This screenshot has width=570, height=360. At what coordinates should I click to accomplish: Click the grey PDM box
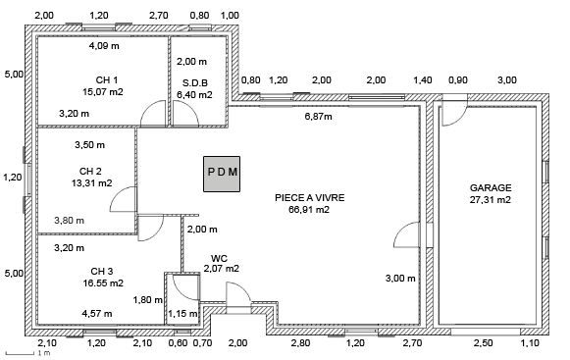222,174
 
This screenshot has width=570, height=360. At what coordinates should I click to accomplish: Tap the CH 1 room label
107,80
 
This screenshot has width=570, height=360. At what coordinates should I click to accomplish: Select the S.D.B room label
195,83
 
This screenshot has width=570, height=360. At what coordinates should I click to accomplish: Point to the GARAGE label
491,188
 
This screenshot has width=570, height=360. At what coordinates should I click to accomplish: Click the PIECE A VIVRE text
309,198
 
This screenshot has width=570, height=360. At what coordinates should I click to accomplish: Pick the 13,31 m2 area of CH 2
91,182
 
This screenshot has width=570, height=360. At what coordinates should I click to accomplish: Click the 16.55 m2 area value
103,283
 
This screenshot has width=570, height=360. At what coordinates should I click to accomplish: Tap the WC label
219,259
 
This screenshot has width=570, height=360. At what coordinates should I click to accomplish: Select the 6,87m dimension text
318,117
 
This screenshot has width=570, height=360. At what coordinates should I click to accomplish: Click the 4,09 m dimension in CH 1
104,46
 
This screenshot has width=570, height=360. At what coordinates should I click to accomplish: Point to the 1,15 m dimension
182,314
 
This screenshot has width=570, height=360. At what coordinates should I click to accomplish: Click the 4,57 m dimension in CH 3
97,314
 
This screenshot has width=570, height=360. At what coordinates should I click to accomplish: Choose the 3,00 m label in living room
400,279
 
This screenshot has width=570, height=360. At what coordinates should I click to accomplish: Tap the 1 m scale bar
21,353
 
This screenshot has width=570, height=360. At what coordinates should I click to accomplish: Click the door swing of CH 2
124,199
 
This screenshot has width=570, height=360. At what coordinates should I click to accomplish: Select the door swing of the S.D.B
185,114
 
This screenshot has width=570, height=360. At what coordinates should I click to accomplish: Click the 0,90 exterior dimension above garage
458,80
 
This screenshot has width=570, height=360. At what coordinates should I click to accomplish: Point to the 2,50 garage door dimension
483,343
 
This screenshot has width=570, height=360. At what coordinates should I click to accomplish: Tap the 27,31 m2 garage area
491,200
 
